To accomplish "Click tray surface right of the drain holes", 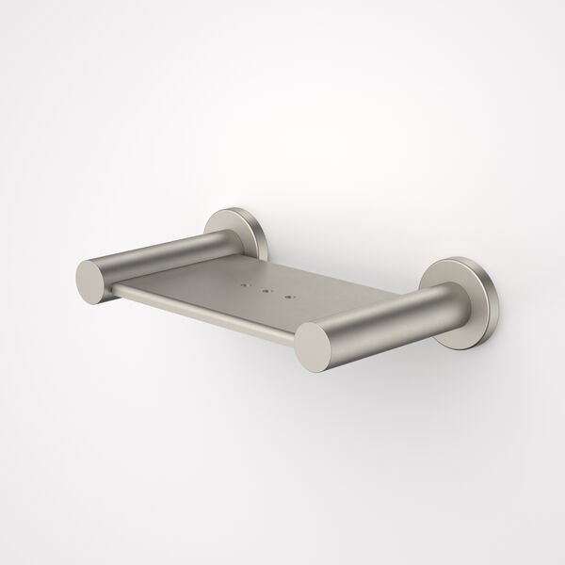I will click(x=330, y=301).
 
